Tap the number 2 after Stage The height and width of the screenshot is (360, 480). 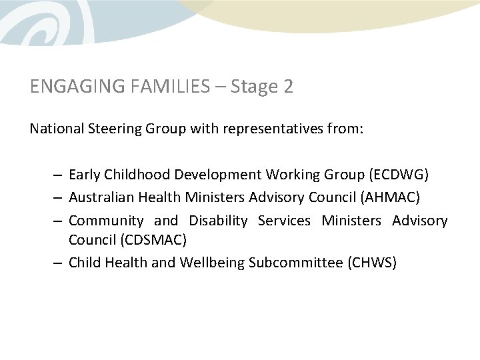287,87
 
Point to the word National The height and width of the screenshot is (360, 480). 56,128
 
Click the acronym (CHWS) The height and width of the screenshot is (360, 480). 372,263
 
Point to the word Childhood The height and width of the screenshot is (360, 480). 137,175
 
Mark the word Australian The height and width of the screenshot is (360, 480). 100,197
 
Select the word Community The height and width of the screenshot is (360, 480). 106,220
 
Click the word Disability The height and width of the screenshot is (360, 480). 218,220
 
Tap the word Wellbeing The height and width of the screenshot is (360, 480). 212,263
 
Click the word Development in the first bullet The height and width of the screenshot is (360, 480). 218,175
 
